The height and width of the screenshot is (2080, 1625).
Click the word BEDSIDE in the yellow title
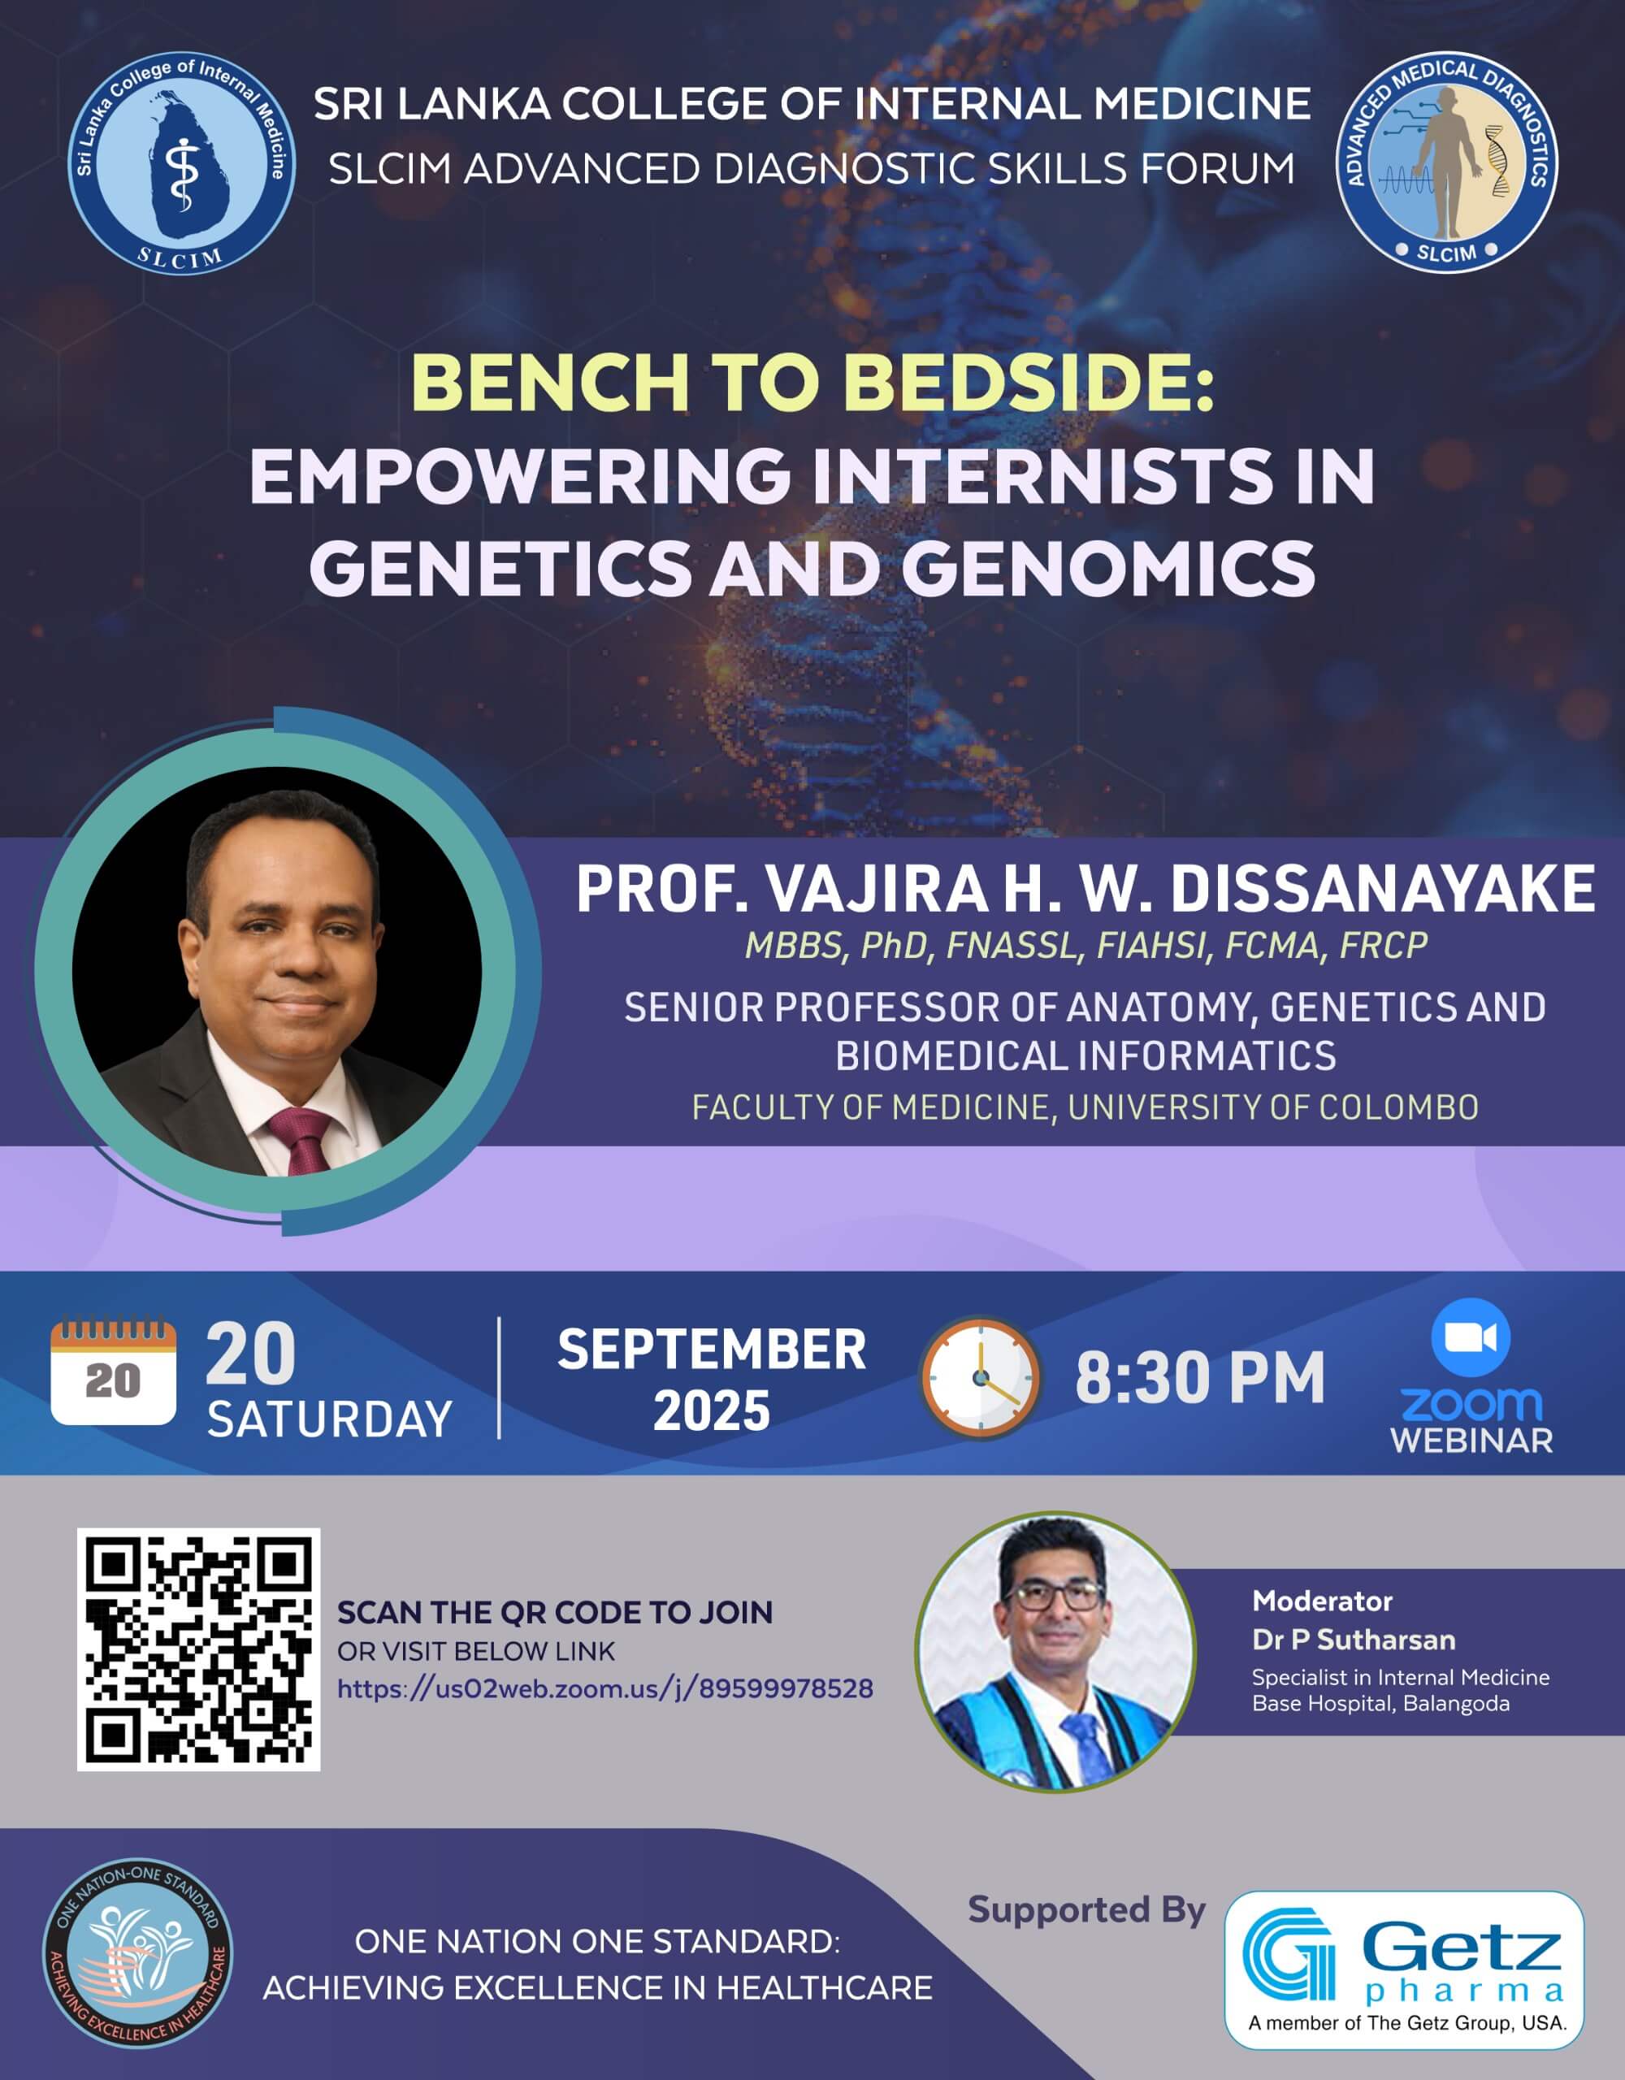[x=1029, y=383]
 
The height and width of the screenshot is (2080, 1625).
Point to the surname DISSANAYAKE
[x=1382, y=890]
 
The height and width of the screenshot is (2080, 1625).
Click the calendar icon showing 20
[x=114, y=1371]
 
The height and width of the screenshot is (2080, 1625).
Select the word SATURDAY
[x=330, y=1420]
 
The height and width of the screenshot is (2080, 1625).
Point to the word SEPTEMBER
[x=712, y=1350]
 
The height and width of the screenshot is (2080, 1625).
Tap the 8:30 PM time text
[x=1200, y=1378]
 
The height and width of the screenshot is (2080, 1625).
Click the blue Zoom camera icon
[x=1471, y=1337]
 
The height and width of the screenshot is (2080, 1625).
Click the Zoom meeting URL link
[x=604, y=1688]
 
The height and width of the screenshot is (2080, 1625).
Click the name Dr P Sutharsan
[x=1354, y=1640]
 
